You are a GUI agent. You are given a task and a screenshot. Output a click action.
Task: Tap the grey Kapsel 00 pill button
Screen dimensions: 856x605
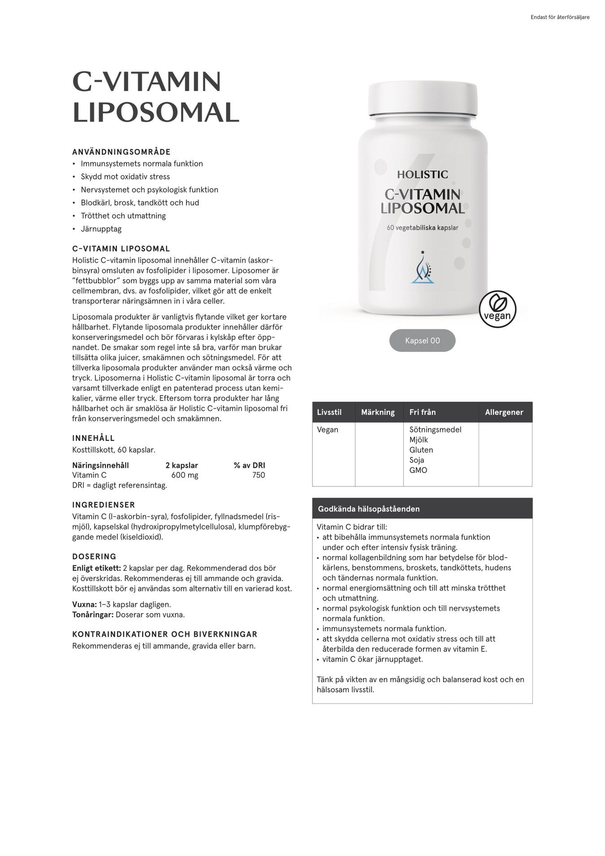click(422, 340)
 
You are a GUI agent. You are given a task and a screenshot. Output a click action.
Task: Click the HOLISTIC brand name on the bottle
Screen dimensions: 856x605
click(422, 174)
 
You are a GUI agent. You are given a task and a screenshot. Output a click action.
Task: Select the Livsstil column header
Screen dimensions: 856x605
click(329, 412)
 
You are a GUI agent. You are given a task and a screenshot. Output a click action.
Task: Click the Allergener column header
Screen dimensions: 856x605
click(504, 412)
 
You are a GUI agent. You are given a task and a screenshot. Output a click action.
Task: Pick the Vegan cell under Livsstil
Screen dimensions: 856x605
click(328, 430)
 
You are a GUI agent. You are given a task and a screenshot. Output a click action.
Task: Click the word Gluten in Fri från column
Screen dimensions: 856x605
click(421, 450)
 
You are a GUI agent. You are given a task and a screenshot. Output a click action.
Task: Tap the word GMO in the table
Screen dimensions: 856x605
click(418, 470)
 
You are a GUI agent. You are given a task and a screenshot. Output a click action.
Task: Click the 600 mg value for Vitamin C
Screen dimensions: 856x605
click(185, 475)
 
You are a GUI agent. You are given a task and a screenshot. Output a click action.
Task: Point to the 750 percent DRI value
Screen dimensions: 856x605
click(259, 475)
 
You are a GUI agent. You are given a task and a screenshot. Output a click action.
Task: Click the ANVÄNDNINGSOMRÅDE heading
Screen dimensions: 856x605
click(121, 152)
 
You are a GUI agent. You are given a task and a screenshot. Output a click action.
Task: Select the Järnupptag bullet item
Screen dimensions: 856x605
click(101, 229)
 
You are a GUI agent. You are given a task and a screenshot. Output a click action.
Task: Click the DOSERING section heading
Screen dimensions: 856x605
click(94, 556)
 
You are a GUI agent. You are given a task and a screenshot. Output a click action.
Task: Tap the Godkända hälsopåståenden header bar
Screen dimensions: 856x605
click(422, 508)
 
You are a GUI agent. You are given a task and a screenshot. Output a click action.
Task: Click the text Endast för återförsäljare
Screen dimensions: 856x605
click(560, 17)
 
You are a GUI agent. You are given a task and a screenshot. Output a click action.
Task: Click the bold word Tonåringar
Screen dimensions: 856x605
click(93, 615)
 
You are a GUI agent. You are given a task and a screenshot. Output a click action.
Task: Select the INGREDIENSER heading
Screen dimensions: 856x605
click(104, 504)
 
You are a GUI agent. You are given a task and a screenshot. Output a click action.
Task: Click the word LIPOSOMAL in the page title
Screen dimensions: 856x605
click(156, 112)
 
